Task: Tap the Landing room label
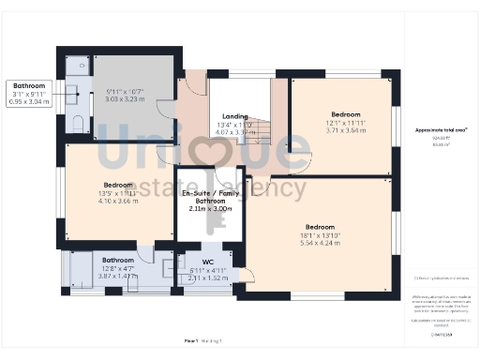[x=235, y=117]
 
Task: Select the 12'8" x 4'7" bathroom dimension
[x=117, y=268]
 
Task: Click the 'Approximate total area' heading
[x=440, y=130]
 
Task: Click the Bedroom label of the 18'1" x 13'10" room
[x=320, y=226]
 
